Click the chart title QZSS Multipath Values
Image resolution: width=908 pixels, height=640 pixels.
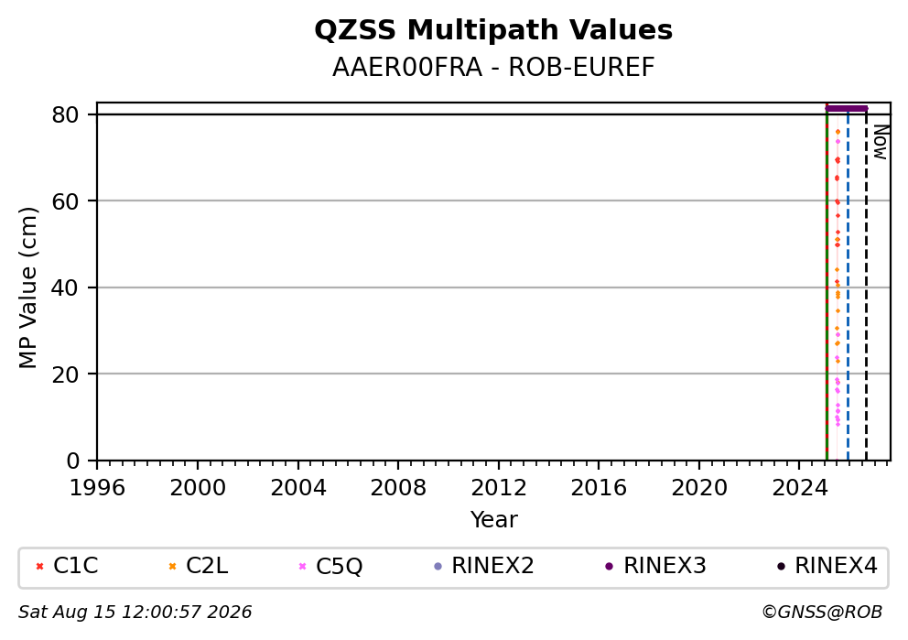(493, 30)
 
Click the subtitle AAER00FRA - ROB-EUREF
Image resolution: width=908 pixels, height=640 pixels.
(493, 68)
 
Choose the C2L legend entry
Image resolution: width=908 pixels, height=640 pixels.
(199, 566)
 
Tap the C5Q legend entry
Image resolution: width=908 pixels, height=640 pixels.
(330, 566)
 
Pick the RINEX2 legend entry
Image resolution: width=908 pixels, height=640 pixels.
(484, 566)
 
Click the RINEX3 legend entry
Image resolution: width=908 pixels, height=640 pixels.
(655, 566)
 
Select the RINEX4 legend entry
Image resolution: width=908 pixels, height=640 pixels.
(827, 566)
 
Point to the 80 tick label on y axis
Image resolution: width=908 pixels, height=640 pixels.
(65, 114)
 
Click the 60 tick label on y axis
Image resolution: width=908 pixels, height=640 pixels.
(65, 201)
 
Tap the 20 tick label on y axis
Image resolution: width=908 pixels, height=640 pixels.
(65, 374)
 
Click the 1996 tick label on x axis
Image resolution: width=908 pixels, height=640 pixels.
(97, 488)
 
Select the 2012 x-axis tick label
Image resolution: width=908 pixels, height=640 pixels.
(499, 488)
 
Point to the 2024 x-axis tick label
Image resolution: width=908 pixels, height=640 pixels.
(800, 488)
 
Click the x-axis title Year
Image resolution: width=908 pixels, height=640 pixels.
(493, 519)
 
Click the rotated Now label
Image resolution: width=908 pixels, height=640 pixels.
(881, 143)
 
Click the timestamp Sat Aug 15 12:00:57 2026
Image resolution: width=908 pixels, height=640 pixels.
(135, 613)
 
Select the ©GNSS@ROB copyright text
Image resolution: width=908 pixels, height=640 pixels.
(822, 613)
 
